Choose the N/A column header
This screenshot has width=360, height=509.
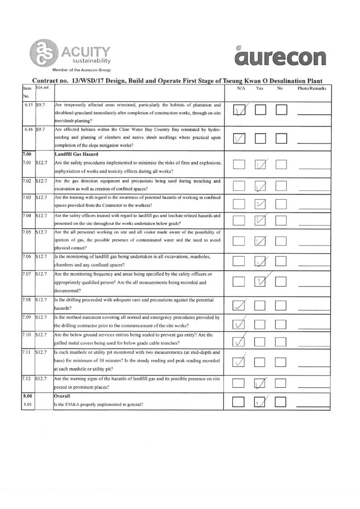pyautogui.click(x=241, y=89)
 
